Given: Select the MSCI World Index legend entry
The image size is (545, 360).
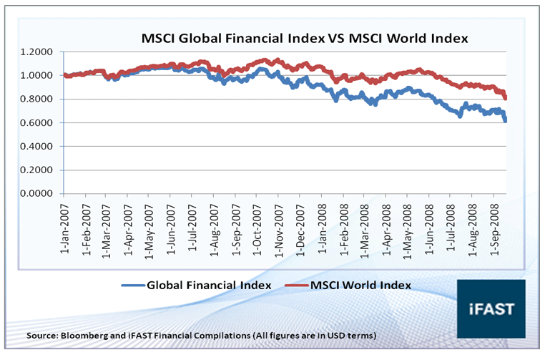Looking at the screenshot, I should coord(360,285).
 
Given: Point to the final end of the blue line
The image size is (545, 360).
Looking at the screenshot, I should coord(506,120).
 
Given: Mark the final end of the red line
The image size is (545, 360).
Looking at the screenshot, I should coord(506,97).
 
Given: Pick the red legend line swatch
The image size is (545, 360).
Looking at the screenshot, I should coord(293,285).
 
